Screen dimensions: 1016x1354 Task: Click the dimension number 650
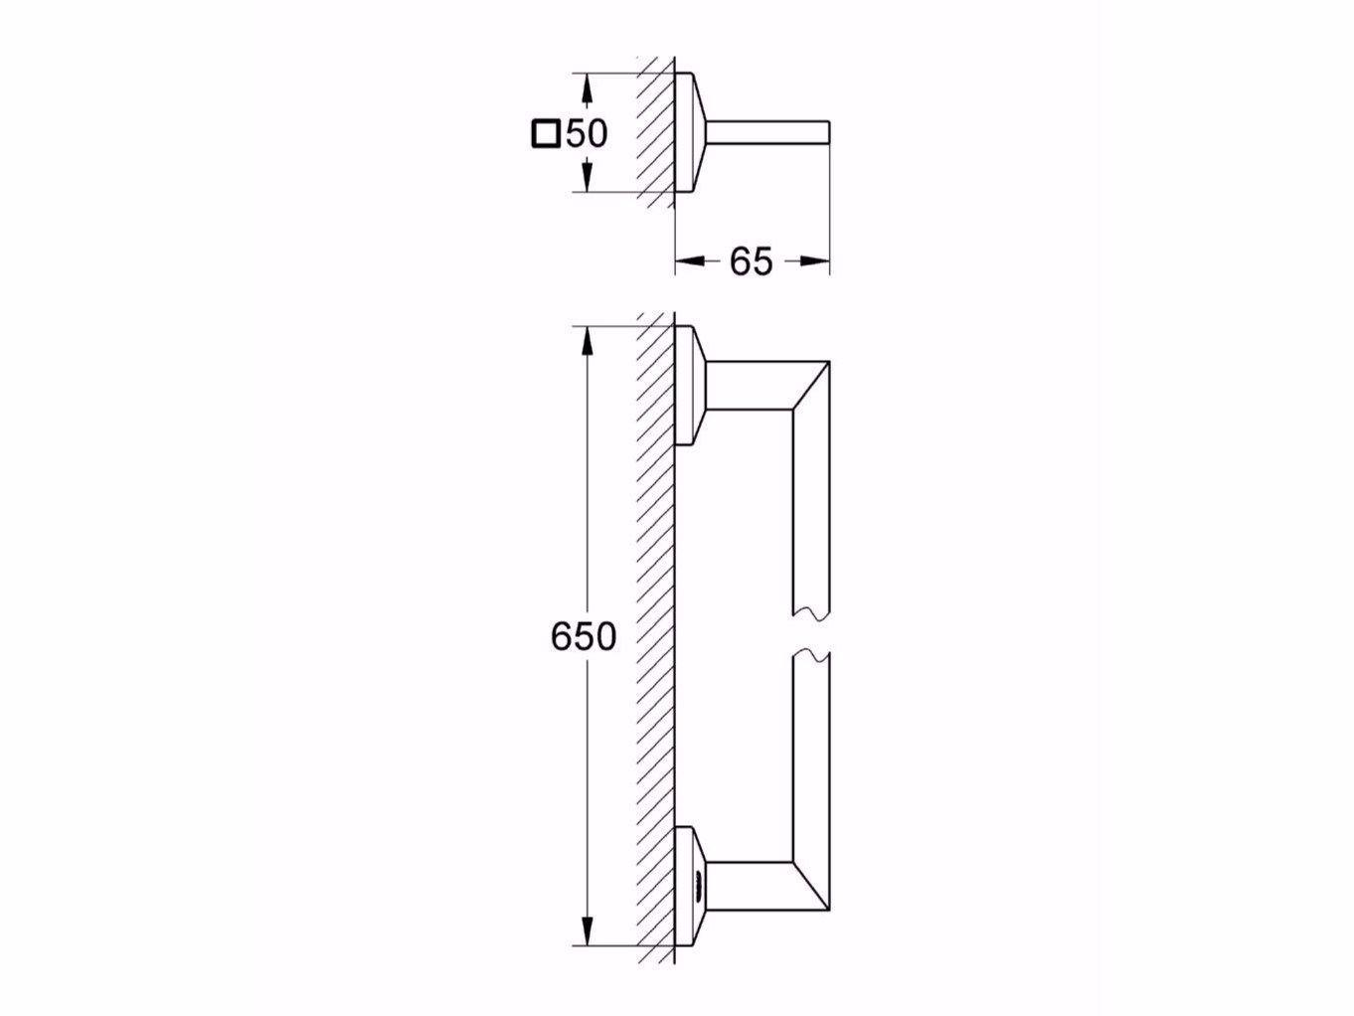pos(584,636)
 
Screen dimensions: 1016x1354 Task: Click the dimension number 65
pos(751,261)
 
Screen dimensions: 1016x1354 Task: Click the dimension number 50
pos(586,132)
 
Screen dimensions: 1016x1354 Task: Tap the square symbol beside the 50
pos(546,133)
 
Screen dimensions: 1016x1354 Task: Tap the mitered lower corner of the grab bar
pos(810,884)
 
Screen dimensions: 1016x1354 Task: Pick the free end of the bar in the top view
pos(825,133)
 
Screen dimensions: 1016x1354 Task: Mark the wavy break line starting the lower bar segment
pos(811,657)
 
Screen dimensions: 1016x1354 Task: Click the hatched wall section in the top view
pos(655,132)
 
